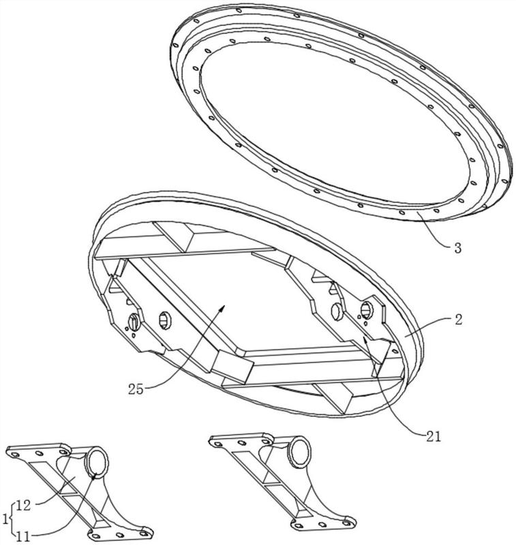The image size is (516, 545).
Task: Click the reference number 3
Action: tap(458, 248)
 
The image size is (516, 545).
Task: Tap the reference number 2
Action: tap(459, 320)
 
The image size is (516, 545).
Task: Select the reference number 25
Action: tap(136, 389)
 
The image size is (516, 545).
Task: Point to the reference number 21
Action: tap(434, 436)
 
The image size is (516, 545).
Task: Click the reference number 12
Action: tap(24, 505)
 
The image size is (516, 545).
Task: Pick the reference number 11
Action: tap(23, 537)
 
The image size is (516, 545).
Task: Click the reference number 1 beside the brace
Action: tap(5, 520)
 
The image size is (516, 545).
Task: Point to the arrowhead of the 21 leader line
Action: tap(365, 340)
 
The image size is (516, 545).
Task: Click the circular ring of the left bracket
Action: tap(97, 463)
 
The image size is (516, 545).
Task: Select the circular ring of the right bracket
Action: tap(299, 452)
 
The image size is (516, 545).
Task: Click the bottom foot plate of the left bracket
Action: tap(120, 534)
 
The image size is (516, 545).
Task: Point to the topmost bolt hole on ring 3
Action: tap(239, 10)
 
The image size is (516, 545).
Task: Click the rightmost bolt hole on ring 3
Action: tap(505, 181)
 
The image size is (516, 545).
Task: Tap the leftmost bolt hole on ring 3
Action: tap(175, 45)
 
